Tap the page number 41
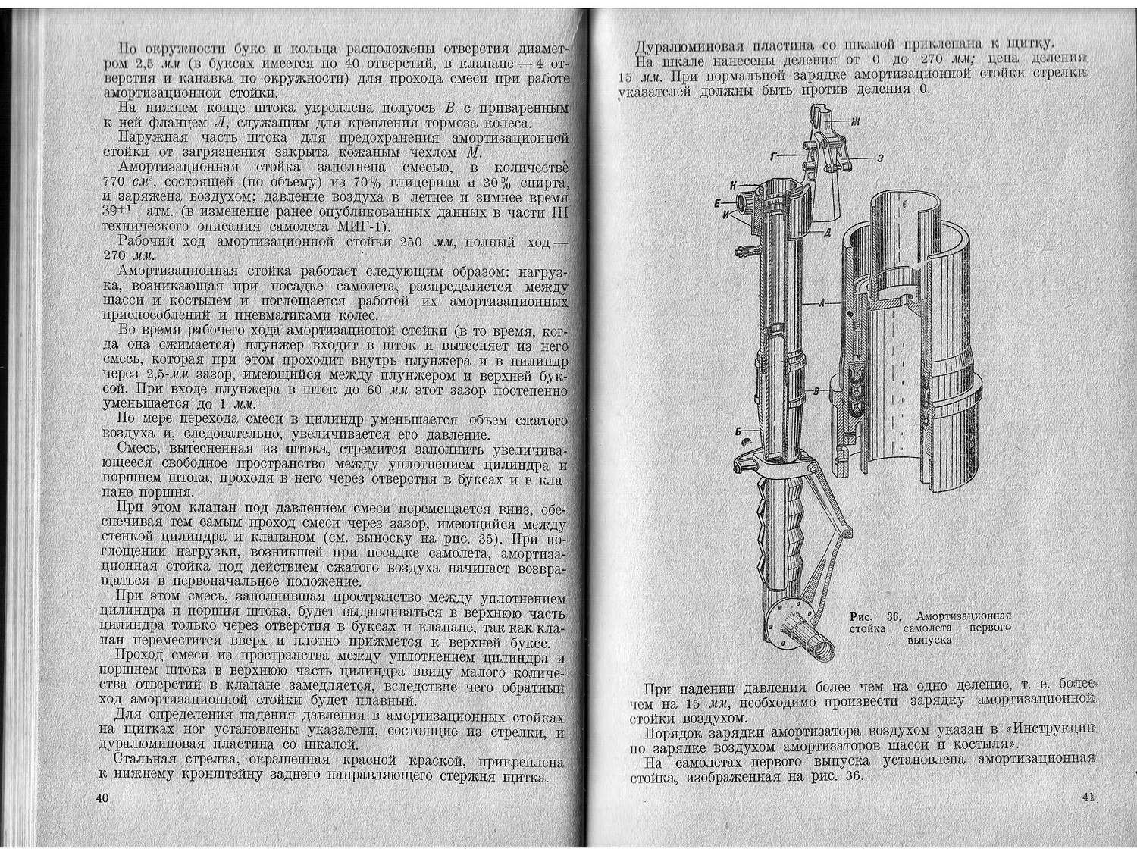pyautogui.click(x=1089, y=797)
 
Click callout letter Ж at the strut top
pyautogui.click(x=855, y=121)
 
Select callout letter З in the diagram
pyautogui.click(x=879, y=158)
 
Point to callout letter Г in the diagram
pyautogui.click(x=774, y=155)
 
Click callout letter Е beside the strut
pyautogui.click(x=716, y=202)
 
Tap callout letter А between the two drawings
pyautogui.click(x=822, y=302)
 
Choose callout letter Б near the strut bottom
pyautogui.click(x=738, y=431)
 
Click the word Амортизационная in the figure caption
pyautogui.click(x=963, y=616)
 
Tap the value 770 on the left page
pyautogui.click(x=116, y=182)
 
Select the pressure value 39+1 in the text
pyautogui.click(x=118, y=212)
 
